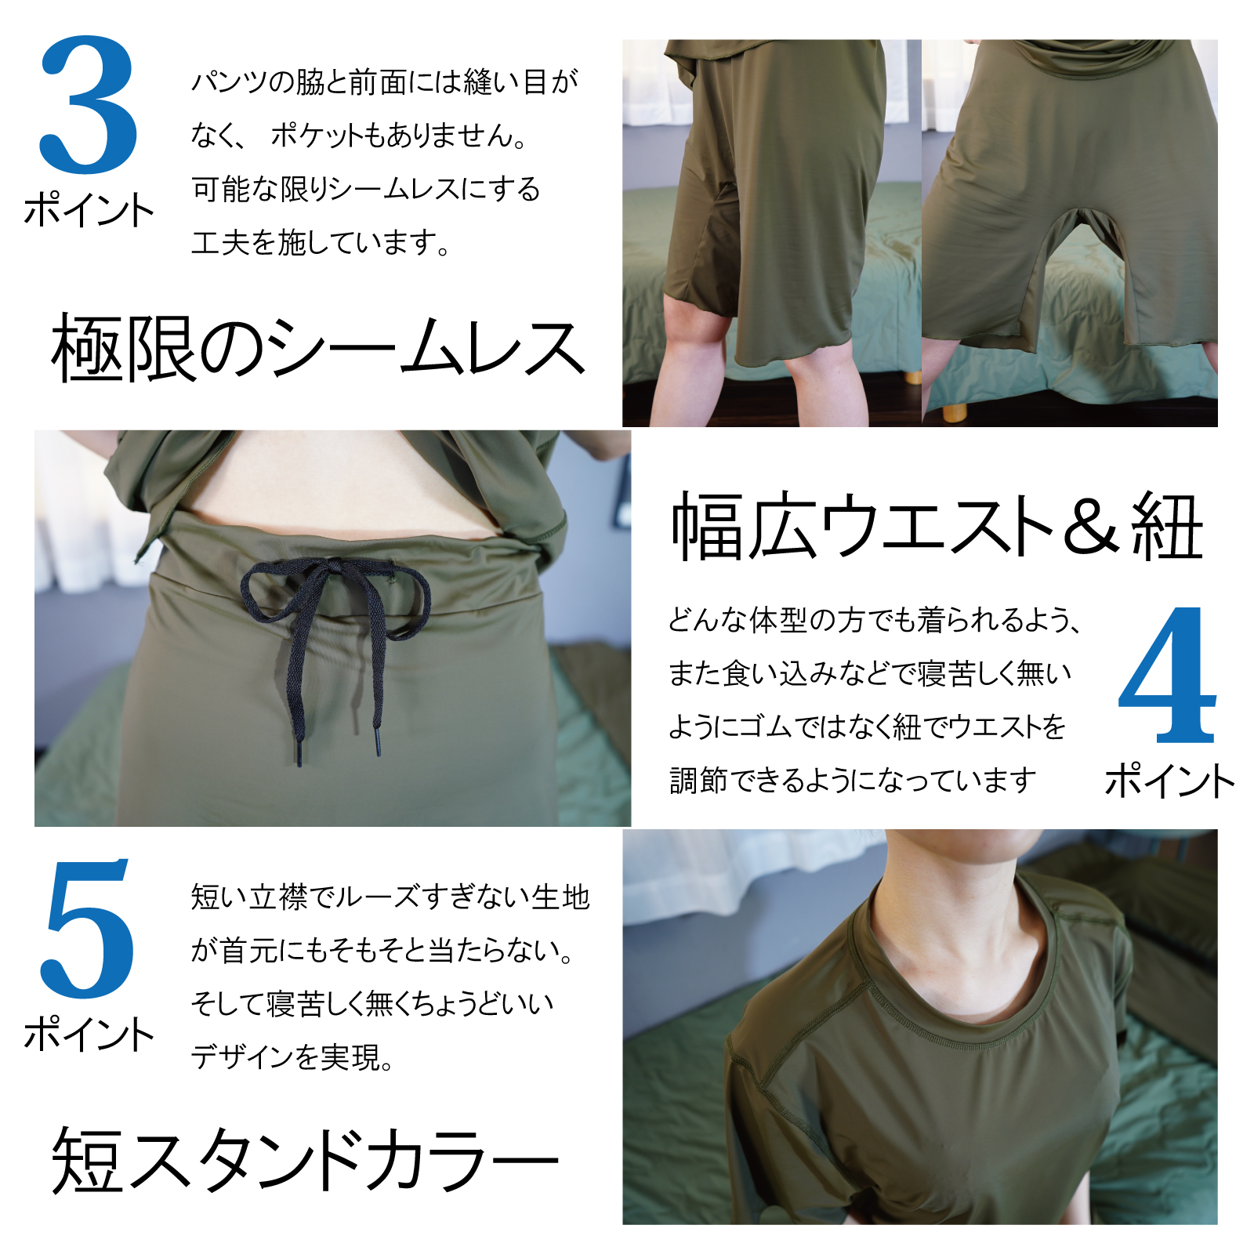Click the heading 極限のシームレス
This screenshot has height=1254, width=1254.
point(317,349)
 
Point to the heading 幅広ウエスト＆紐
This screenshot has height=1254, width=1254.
point(937,527)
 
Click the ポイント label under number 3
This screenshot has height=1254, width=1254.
point(89,210)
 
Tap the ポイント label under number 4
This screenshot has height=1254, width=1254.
point(1169,781)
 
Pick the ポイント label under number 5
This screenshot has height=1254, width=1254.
point(89,1034)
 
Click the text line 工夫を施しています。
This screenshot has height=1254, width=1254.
point(321,242)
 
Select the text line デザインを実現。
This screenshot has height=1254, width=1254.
point(292,1056)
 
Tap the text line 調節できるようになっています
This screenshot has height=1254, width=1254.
point(853,780)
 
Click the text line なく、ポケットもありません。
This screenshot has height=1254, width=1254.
point(359,136)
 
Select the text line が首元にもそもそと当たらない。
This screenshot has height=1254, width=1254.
point(383,950)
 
